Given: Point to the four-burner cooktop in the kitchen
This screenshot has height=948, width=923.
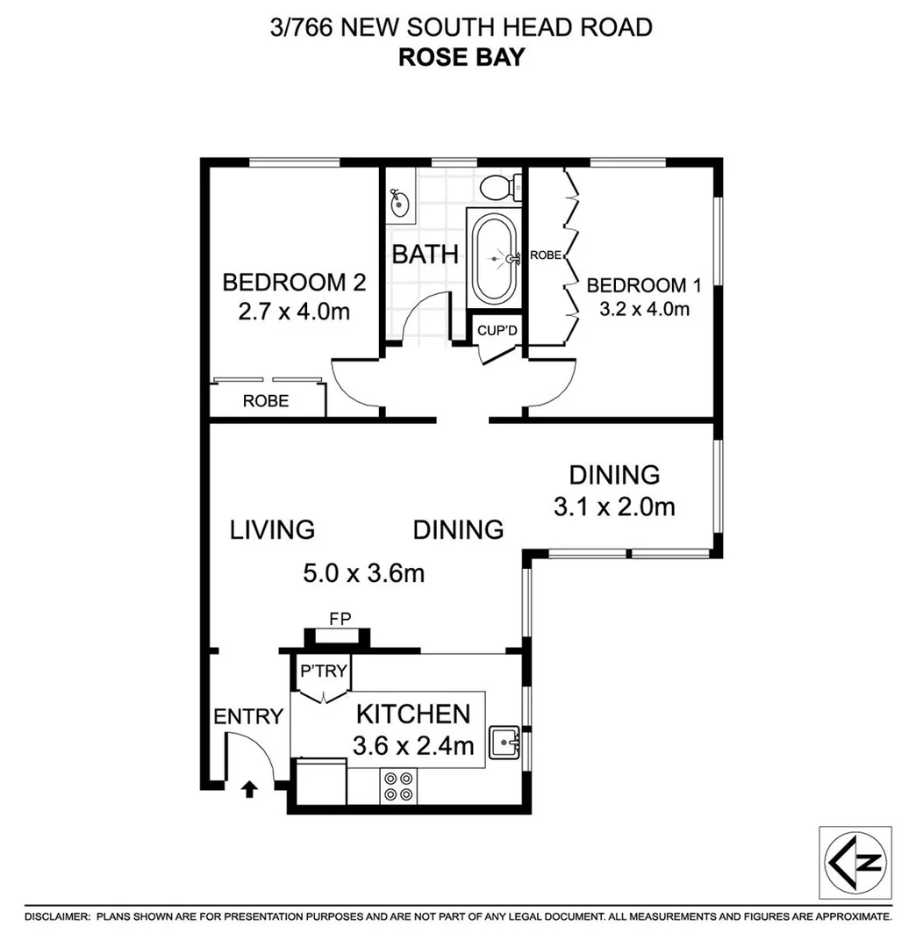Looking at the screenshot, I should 398,786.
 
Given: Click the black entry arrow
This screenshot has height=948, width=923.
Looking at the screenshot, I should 249,789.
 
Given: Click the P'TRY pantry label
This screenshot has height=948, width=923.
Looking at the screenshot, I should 324,672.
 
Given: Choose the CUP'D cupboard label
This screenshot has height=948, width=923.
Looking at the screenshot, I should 493,331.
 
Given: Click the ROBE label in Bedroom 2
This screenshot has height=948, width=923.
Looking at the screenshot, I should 267,401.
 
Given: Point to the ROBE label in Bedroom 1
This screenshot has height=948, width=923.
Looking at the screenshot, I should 545,256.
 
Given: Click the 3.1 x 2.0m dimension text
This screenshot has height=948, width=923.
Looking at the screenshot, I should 614,506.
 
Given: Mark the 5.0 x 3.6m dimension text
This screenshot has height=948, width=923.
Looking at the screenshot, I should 363,574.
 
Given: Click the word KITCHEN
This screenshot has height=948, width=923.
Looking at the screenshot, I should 412,714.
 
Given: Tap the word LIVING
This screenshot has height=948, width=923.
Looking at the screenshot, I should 272,530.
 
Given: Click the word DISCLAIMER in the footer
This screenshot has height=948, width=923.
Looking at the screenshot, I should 56,916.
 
